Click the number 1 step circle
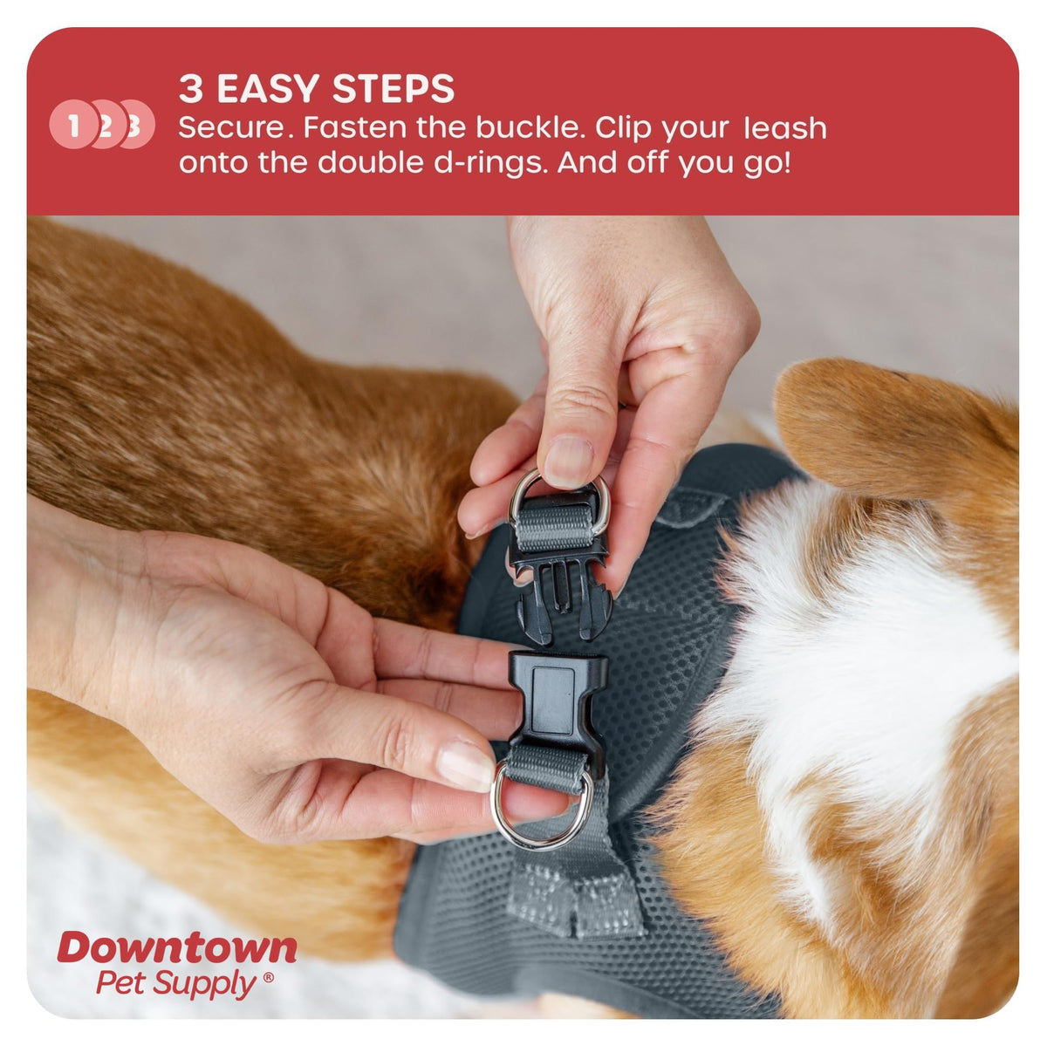tap(72, 125)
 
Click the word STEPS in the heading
tap(393, 89)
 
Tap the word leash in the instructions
tap(784, 128)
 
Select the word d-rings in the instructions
tap(491, 163)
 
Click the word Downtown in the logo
tap(177, 947)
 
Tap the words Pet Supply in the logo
tap(176, 984)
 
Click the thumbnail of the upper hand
tap(569, 461)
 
